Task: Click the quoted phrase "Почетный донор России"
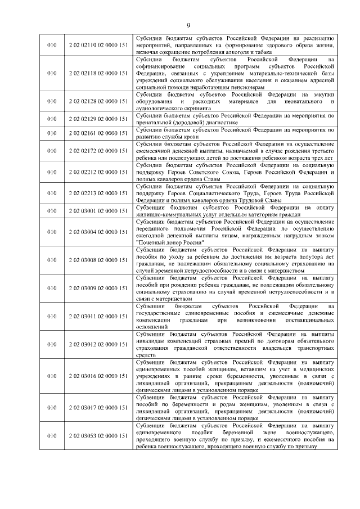point(170,241)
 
